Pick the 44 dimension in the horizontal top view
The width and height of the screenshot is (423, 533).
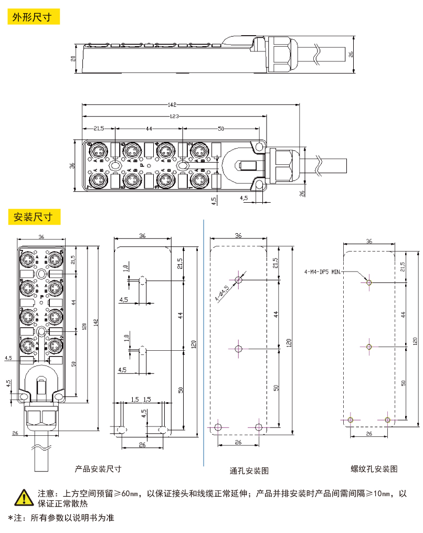tap(149, 129)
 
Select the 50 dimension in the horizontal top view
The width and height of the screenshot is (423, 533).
tap(220, 129)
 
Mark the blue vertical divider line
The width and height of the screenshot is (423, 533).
tap(203, 341)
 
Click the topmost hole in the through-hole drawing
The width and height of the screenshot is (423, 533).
tap(239, 279)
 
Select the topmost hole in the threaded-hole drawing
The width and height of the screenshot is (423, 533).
tap(369, 283)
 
